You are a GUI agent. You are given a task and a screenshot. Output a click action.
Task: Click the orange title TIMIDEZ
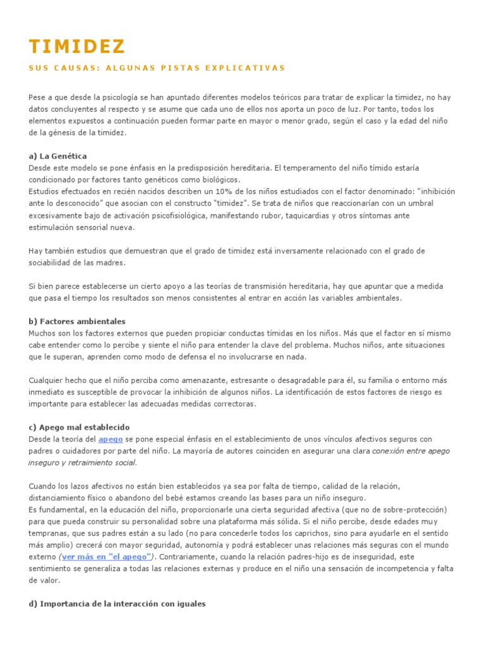[x=77, y=47]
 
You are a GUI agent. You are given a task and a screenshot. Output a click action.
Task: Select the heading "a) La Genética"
[x=58, y=155]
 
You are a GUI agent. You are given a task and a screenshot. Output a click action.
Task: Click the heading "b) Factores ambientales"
[x=77, y=321]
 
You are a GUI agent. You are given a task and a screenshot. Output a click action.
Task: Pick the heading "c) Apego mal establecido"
[x=79, y=427]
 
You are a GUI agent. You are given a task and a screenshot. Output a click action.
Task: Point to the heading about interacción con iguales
[x=117, y=603]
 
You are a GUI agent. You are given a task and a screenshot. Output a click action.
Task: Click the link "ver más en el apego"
[x=107, y=556]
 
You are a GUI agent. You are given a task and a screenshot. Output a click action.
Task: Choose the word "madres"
[x=110, y=262]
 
